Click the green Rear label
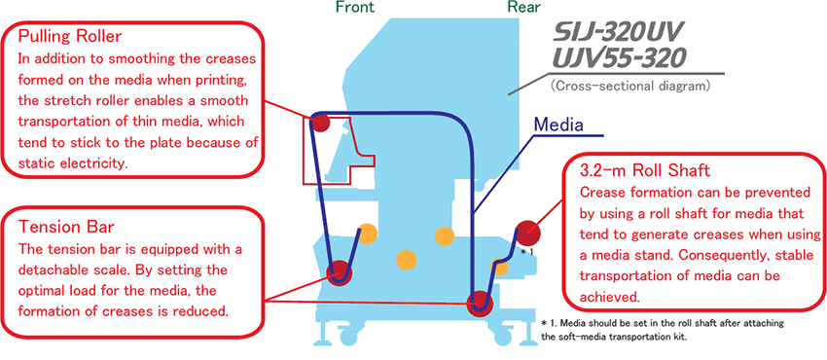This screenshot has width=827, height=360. point(523,7)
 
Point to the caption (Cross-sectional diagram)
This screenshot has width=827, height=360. point(629,85)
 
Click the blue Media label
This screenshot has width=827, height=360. point(558,125)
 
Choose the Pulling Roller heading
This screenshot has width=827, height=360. point(70,37)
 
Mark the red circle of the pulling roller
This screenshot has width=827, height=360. point(319,123)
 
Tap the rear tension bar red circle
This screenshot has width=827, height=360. point(480,302)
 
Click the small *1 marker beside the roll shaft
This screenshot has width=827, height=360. point(527,252)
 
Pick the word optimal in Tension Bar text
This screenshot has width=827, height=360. point(42,290)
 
